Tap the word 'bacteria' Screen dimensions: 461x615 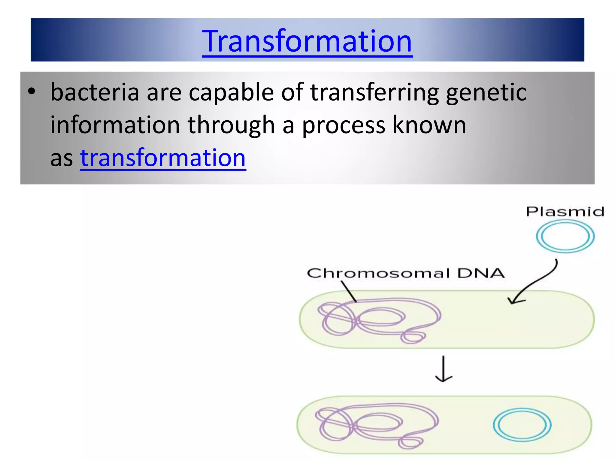tap(95, 92)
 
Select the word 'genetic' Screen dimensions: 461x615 tap(486, 92)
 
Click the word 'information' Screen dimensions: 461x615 tap(115, 125)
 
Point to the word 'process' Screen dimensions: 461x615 tap(344, 125)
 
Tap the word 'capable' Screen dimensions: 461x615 tap(231, 92)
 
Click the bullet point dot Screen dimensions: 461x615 tap(32, 91)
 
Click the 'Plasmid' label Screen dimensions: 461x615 tap(565, 212)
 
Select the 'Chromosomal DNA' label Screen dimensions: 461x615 tap(405, 273)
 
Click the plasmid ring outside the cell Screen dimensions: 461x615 tap(565, 236)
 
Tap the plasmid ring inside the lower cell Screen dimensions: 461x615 tap(522, 425)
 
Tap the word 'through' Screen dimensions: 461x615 tap(231, 125)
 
